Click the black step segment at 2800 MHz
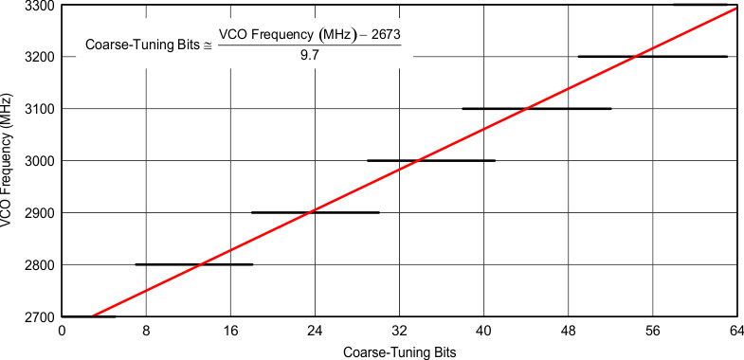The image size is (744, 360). pos(194,264)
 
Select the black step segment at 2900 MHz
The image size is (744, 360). pos(316,212)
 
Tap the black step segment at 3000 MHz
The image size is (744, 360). pos(431,160)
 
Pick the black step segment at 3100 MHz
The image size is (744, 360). pos(536,108)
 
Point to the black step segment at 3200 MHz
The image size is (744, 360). pos(652,57)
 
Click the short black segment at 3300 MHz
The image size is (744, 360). pos(699,5)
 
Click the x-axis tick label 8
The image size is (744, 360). pos(146,332)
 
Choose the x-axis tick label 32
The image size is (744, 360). pos(399,332)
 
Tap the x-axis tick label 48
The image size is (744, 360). pos(568,332)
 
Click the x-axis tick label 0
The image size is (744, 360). pos(62,332)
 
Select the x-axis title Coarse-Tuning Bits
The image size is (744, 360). pos(399,352)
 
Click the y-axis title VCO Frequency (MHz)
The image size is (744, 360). pos(9,161)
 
